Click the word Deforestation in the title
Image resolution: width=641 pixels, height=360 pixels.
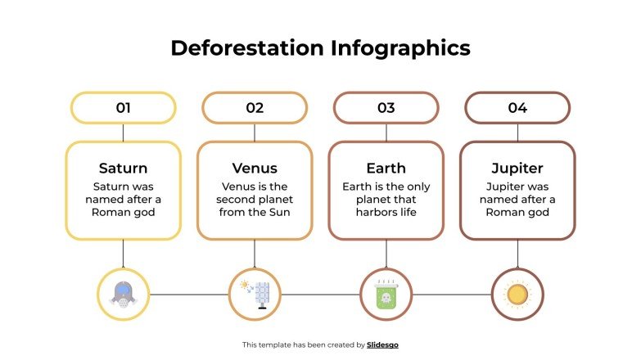point(246,48)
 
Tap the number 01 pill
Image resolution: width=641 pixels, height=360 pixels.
point(124,107)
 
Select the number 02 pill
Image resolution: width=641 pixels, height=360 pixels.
point(255,107)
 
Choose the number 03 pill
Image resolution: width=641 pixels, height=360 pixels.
point(386,107)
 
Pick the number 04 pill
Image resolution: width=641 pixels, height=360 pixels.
point(517,107)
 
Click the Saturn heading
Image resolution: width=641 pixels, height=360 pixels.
point(124,169)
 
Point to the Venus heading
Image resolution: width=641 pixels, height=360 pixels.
point(255,169)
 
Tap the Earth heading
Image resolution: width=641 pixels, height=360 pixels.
point(386,169)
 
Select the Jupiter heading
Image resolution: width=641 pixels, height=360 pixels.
point(517,169)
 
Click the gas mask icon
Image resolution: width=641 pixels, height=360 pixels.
point(124,294)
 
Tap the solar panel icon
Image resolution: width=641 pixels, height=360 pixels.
point(255,294)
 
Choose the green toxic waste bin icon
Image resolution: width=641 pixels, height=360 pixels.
point(386,294)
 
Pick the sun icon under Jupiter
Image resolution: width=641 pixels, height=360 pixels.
point(517,294)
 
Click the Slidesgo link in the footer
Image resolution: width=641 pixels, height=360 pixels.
point(383,345)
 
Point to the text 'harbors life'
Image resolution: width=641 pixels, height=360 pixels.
point(386,213)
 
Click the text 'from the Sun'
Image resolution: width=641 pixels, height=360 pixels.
point(255,213)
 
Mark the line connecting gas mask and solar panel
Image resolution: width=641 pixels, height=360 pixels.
point(189,295)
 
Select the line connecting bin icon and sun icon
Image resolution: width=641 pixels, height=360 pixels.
point(452,295)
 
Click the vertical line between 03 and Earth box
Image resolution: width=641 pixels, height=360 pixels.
point(386,132)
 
